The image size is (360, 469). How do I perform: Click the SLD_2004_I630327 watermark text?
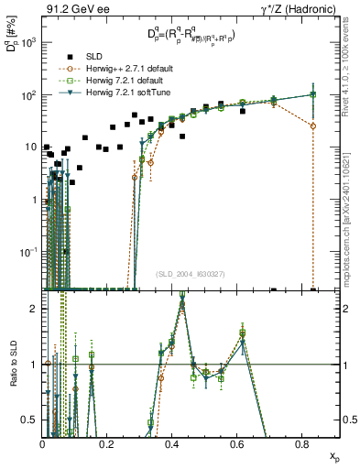point(192,274)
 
